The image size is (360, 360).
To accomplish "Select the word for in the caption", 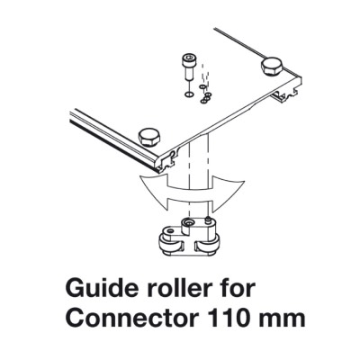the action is [x=237, y=288].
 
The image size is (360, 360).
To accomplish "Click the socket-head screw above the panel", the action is [x=188, y=67].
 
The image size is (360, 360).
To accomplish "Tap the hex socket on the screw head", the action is [x=188, y=58].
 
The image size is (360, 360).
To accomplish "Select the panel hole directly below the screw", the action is [x=188, y=94].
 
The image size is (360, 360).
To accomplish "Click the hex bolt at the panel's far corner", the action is [x=272, y=67].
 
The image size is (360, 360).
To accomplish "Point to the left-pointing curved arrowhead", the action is [x=156, y=191].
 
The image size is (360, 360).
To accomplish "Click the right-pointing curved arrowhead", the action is [x=228, y=193].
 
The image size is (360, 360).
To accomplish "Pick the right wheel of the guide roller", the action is [x=208, y=247].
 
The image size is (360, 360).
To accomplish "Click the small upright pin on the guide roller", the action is [x=206, y=221].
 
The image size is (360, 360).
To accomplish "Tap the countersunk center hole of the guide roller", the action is [x=188, y=223].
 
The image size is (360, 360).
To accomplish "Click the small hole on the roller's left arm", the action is [x=170, y=231].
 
